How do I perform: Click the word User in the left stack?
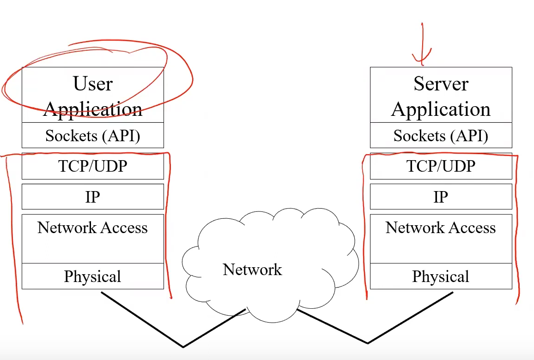(x=92, y=84)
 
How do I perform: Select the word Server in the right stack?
(x=441, y=84)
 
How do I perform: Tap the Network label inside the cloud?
(x=252, y=270)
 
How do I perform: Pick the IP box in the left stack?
(x=92, y=197)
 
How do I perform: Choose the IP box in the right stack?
(x=441, y=197)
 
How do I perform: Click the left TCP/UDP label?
(x=92, y=166)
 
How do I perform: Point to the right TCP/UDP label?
(x=441, y=166)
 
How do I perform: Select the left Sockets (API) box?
(x=92, y=135)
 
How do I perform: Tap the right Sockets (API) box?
(x=441, y=135)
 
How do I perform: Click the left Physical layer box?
(x=92, y=276)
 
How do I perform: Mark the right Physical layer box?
(x=441, y=276)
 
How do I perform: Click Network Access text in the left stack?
(x=92, y=228)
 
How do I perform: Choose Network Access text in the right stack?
(x=441, y=228)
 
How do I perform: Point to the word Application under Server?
(x=441, y=110)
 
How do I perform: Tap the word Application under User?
(x=92, y=110)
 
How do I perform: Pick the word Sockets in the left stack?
(x=70, y=136)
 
